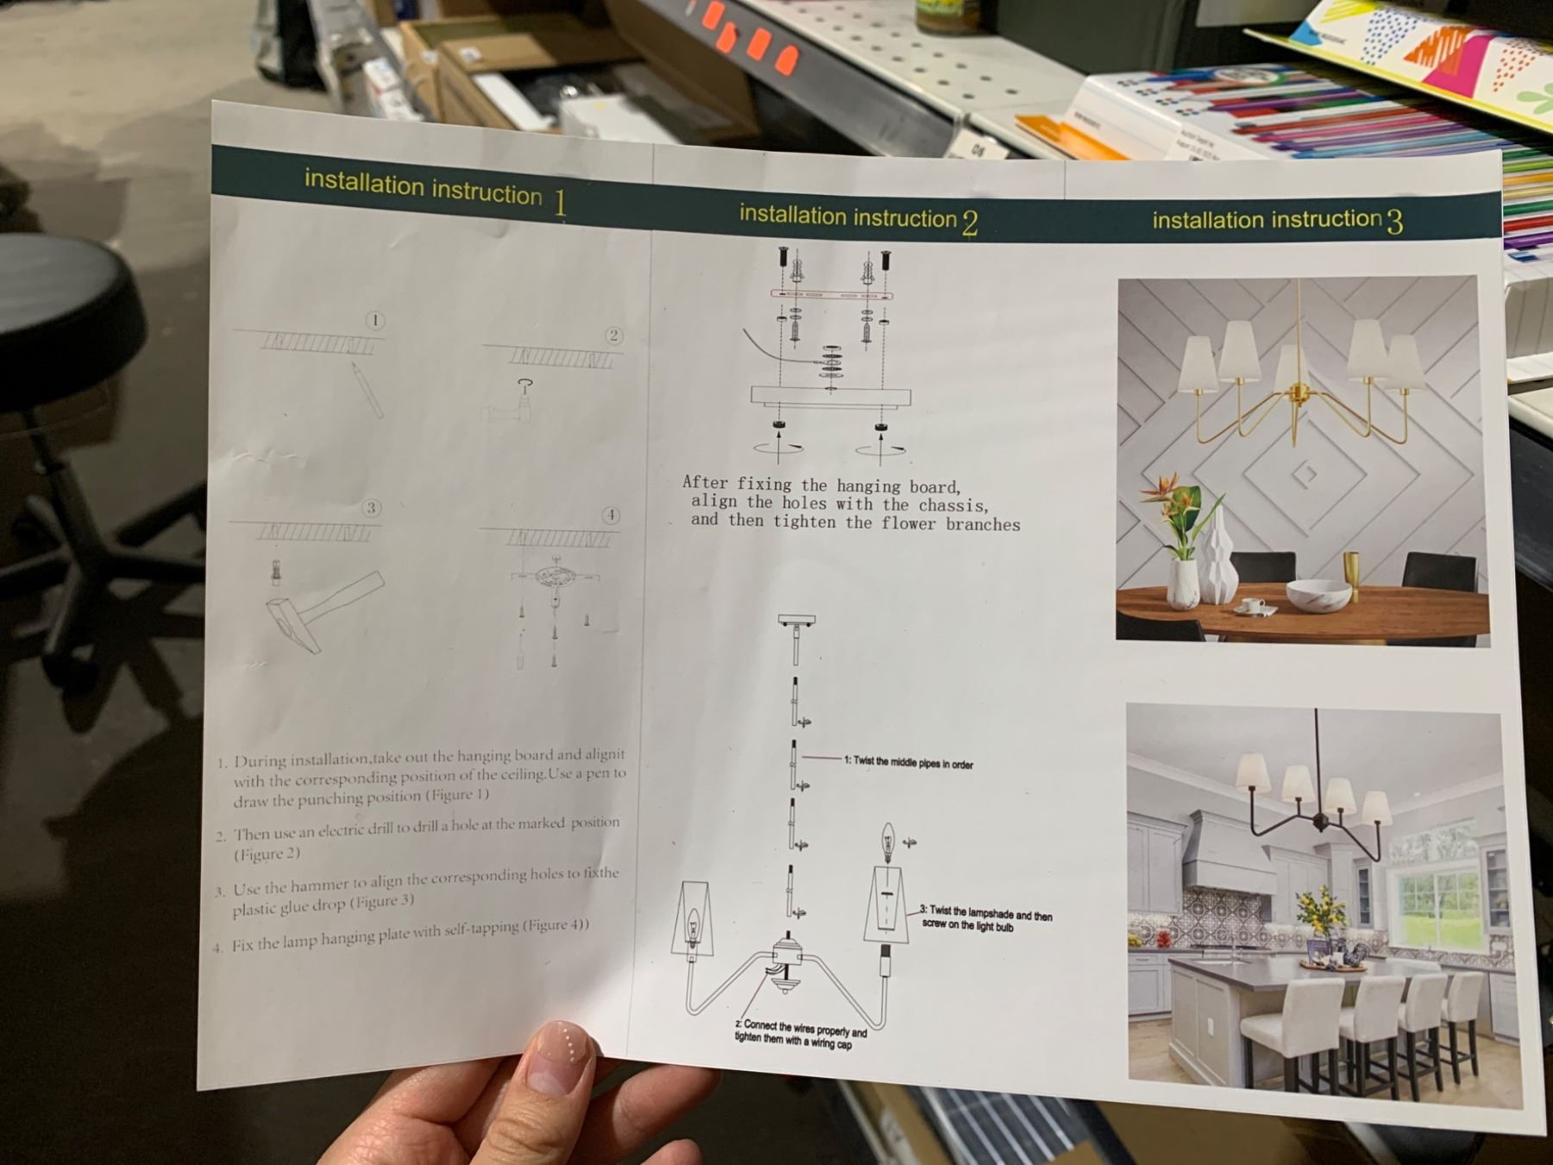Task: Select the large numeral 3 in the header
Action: [1395, 222]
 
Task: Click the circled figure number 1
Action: [374, 321]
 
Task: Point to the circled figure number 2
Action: [613, 336]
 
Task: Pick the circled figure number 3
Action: [371, 508]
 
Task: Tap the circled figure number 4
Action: [611, 515]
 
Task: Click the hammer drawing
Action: [321, 609]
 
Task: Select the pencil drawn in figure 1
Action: [366, 389]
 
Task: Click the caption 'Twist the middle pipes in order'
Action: [909, 763]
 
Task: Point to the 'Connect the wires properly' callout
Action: [801, 1029]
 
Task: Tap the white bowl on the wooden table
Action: [1318, 595]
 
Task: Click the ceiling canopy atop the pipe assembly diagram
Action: [796, 620]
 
